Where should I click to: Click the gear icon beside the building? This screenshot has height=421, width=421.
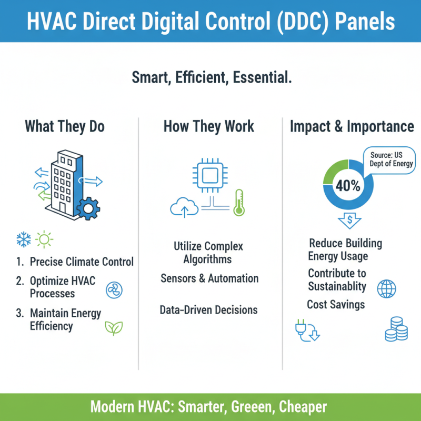click(x=88, y=208)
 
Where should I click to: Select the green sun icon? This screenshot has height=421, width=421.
click(x=44, y=240)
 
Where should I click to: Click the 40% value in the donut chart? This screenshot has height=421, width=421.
click(x=348, y=186)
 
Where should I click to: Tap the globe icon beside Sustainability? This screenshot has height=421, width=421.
click(x=387, y=288)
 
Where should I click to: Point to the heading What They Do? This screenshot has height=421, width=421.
click(x=65, y=127)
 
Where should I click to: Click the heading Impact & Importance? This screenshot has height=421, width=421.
click(x=352, y=127)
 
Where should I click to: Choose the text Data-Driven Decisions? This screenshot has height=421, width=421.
click(x=208, y=310)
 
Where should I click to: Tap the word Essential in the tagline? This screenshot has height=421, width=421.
click(x=260, y=78)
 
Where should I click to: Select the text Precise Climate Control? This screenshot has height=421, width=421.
click(x=82, y=262)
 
